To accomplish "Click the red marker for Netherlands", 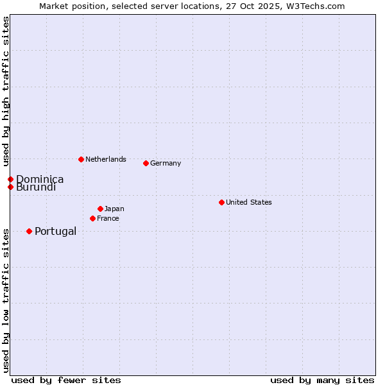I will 81,159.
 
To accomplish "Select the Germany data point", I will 146,163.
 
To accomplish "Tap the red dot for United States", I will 221,202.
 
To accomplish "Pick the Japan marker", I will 100,209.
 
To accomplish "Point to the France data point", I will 92,218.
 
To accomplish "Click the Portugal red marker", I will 29,231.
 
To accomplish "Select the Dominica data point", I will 10,179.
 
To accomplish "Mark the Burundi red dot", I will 10,187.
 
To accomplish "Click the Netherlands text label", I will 106,159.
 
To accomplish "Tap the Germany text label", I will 166,163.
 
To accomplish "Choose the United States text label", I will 249,202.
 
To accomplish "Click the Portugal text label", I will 55,231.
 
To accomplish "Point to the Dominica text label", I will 40,179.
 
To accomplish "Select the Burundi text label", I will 36,187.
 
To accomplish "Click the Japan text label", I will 114,209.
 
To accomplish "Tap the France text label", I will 108,218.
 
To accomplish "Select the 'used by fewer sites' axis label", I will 66,380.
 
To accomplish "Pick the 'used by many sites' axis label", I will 322,380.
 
